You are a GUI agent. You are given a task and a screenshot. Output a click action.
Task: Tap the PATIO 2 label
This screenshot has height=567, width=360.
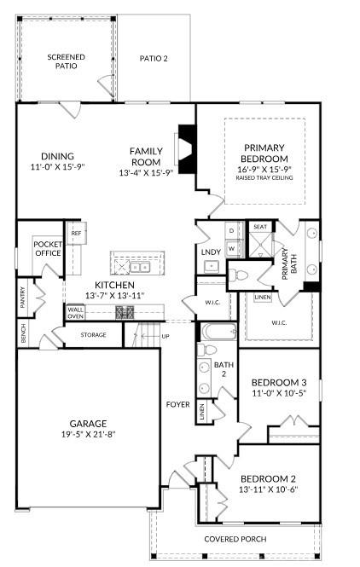[x=154, y=59]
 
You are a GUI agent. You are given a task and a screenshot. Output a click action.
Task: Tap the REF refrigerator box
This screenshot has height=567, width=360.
[x=76, y=233]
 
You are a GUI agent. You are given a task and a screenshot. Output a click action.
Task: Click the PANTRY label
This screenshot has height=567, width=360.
[x=23, y=296]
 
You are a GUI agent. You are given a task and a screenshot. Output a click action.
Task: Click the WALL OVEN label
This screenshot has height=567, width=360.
[x=76, y=313]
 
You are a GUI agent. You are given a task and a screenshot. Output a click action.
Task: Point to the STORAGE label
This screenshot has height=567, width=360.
[x=94, y=335]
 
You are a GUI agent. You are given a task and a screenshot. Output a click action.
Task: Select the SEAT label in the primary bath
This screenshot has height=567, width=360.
[x=259, y=227]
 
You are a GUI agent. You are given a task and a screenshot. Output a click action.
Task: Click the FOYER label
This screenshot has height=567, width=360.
[x=177, y=404]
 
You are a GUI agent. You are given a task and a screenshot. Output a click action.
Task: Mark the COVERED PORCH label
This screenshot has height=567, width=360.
[x=235, y=539]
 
